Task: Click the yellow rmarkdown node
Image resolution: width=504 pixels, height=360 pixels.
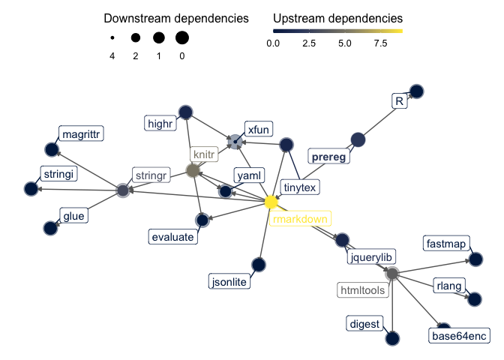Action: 271,202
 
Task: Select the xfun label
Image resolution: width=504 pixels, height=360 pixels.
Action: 258,129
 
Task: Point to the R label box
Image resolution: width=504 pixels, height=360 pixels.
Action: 399,100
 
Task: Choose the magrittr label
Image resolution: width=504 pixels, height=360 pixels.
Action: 81,133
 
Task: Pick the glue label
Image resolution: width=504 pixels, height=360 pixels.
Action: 73,216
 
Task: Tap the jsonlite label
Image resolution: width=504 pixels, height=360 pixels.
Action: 229,282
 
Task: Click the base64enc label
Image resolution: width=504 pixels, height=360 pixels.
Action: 459,336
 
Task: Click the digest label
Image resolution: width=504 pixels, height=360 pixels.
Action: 365,324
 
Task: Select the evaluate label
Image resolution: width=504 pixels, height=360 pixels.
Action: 172,237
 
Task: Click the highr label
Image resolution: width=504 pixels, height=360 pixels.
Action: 162,121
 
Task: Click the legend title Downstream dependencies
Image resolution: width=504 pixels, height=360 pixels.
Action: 176,17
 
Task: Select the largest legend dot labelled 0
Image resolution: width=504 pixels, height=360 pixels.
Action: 182,37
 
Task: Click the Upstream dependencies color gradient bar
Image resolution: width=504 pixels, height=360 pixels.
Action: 337,31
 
